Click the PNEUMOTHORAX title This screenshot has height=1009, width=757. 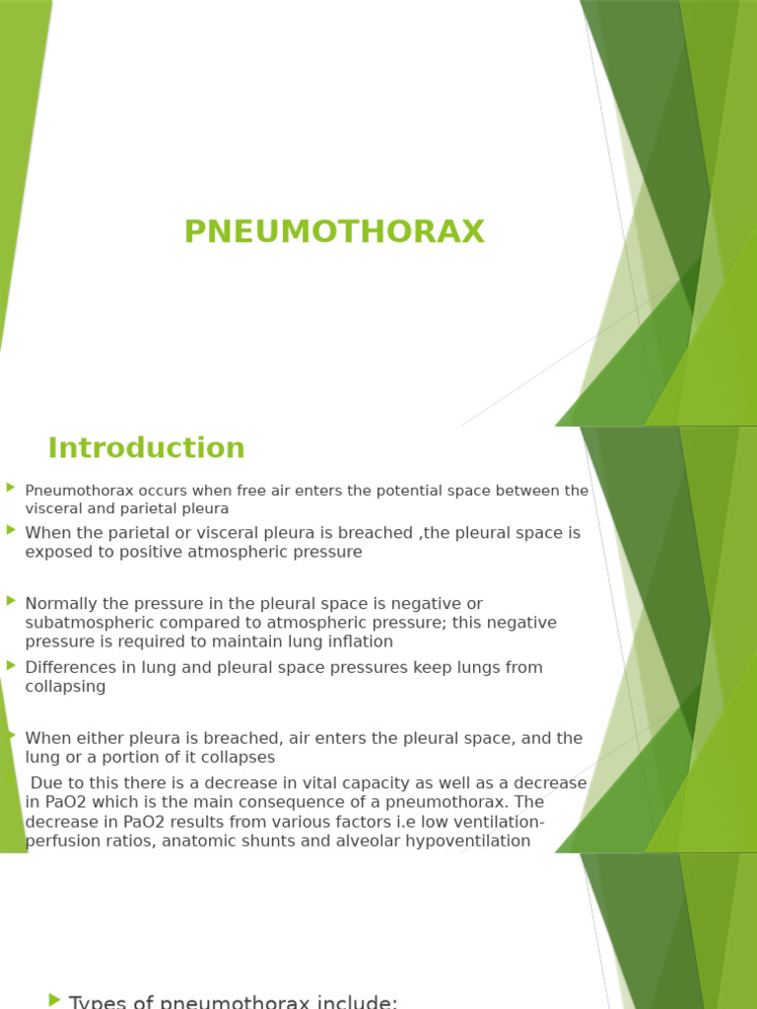[334, 232]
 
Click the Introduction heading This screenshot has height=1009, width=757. [146, 448]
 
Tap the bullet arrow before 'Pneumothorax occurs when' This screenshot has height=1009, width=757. [11, 487]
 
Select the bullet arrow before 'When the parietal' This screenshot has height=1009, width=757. [11, 529]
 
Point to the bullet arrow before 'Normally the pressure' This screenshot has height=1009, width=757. [11, 599]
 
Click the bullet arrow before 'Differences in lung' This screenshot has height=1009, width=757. [11, 664]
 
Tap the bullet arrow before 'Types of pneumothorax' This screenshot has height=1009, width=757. [54, 1000]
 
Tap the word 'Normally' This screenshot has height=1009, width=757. [61, 603]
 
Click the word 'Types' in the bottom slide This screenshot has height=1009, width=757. [94, 1002]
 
